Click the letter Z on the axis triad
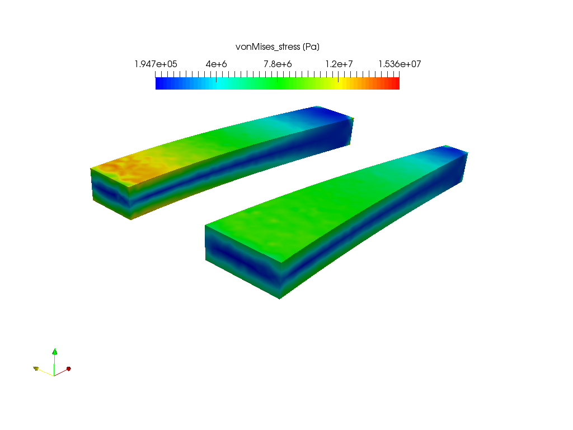(59, 351)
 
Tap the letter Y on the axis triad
(40, 366)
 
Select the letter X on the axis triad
(72, 366)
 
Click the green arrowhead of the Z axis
(55, 352)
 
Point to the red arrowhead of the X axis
(68, 368)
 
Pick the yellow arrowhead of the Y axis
(36, 368)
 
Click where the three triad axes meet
(54, 375)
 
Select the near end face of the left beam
(111, 193)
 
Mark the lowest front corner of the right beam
(279, 298)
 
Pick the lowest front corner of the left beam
(131, 219)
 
